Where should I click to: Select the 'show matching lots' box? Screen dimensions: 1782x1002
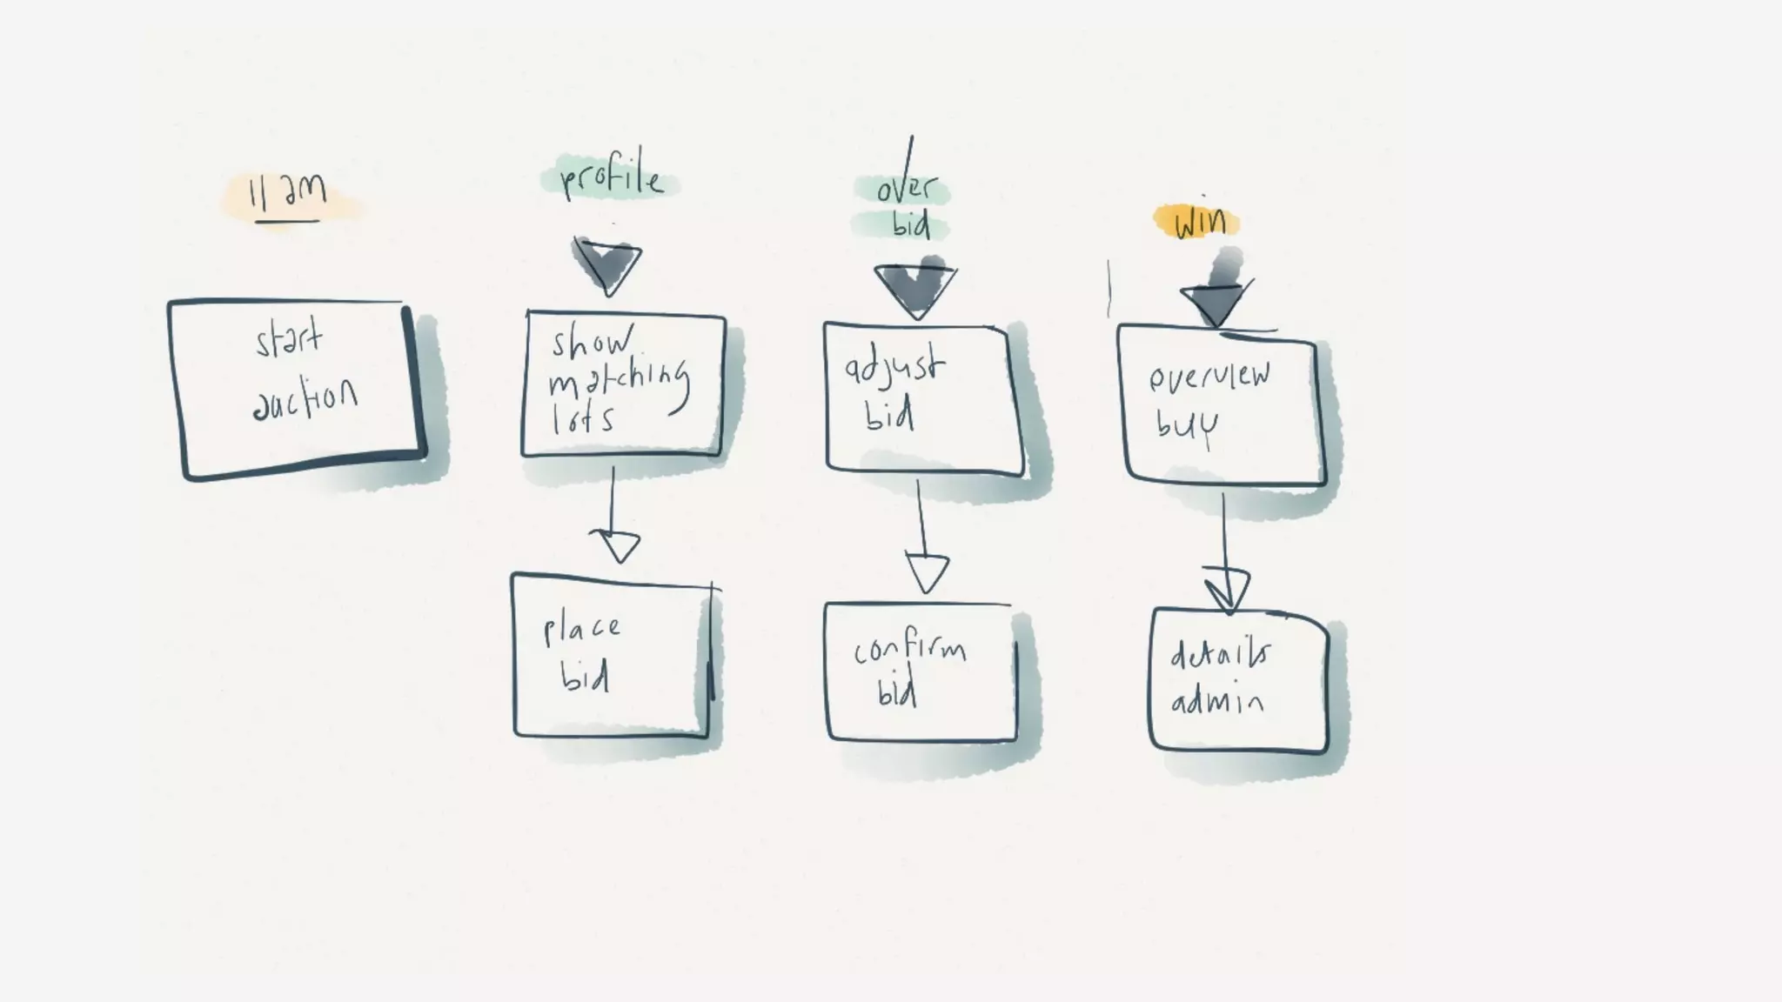tap(623, 384)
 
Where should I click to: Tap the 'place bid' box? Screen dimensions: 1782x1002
tap(611, 655)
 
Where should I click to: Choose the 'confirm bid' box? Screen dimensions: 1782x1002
tap(920, 671)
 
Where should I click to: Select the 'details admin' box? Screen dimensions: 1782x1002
tap(1239, 680)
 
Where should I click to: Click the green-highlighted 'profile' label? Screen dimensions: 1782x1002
tap(610, 180)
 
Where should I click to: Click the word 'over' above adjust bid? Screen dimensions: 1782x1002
tap(906, 189)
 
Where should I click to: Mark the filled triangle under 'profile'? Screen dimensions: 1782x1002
tap(607, 264)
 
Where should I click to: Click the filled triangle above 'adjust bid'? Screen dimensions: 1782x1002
tap(914, 288)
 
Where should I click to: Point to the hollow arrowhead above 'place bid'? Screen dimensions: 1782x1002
tap(617, 545)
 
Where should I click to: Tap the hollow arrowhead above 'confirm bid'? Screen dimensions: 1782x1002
tap(927, 571)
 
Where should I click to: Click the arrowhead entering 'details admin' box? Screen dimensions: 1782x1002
tap(1228, 589)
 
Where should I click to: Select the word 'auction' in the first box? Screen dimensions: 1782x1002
tap(305, 401)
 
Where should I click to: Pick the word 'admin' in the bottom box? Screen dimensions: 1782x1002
tap(1216, 701)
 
